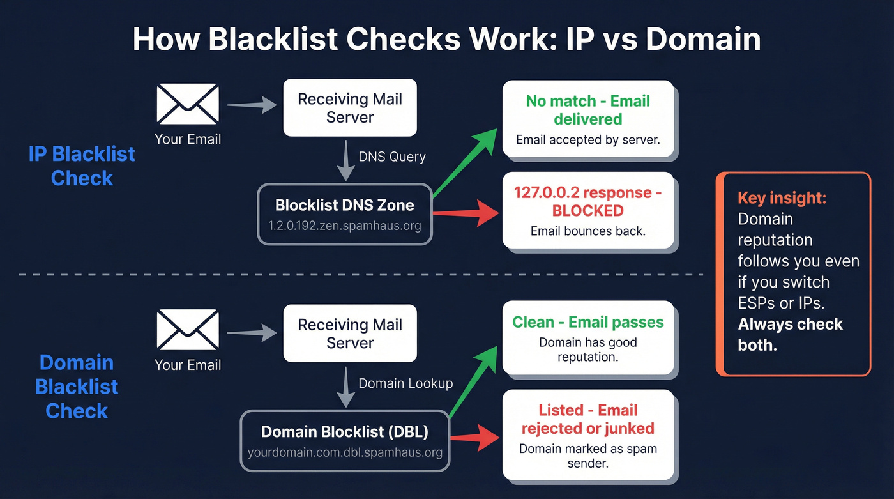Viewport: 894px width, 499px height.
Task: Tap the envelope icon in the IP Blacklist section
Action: pyautogui.click(x=188, y=105)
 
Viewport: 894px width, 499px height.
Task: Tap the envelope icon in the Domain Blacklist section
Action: pyautogui.click(x=188, y=330)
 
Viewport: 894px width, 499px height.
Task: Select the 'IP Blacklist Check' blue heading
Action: pyautogui.click(x=82, y=165)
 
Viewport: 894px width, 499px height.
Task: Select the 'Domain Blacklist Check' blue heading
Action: pyautogui.click(x=77, y=387)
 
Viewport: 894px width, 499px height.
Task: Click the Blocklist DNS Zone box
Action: pyautogui.click(x=345, y=214)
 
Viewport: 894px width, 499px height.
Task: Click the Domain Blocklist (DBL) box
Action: pyautogui.click(x=345, y=441)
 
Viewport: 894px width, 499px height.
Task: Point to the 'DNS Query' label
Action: pyautogui.click(x=391, y=157)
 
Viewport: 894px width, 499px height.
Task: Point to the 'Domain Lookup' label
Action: pyautogui.click(x=405, y=383)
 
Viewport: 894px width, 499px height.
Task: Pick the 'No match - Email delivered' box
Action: pyautogui.click(x=588, y=119)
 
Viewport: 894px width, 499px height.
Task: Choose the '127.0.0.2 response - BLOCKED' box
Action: pyautogui.click(x=588, y=210)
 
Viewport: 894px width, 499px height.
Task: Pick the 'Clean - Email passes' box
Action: pyautogui.click(x=588, y=338)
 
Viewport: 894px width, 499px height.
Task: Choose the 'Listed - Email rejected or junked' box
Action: pyautogui.click(x=588, y=435)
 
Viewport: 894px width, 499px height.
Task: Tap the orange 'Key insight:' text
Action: pyautogui.click(x=782, y=198)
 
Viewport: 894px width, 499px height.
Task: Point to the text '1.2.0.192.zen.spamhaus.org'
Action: pyautogui.click(x=345, y=226)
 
